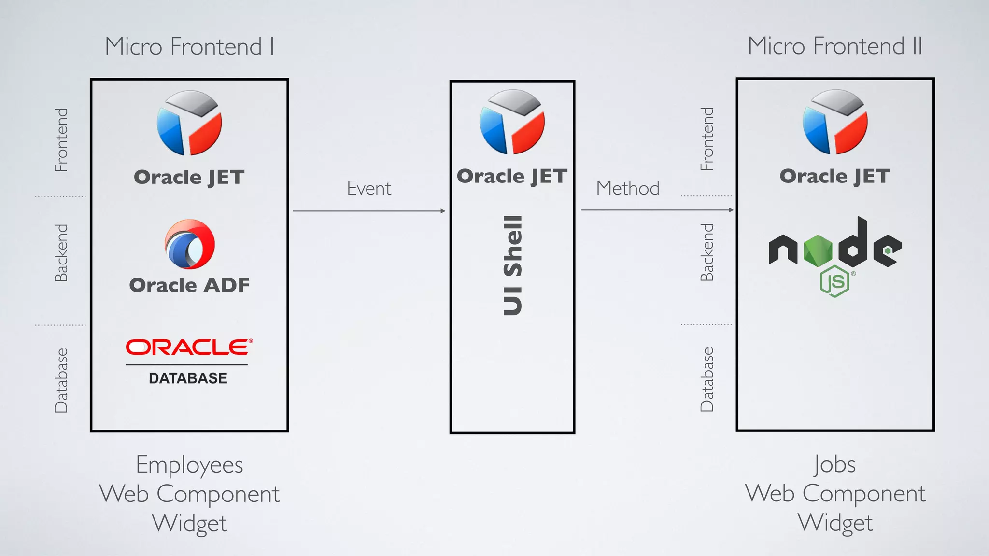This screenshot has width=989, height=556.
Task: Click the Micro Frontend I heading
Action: [189, 47]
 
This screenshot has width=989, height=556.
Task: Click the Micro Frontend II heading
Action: [835, 46]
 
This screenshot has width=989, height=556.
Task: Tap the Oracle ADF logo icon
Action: [190, 244]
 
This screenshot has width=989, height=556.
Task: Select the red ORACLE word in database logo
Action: [189, 347]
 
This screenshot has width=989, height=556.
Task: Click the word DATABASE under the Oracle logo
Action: [188, 378]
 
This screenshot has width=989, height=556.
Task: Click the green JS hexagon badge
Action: [834, 281]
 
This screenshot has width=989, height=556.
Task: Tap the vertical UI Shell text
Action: [513, 265]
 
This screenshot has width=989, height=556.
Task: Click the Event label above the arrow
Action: [369, 188]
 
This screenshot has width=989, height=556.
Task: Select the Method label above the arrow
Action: [627, 188]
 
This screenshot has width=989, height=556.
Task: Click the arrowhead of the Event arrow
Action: [443, 211]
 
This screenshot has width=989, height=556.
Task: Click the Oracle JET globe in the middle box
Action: [512, 122]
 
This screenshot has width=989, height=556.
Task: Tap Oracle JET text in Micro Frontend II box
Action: [835, 176]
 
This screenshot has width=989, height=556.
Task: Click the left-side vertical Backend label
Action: [61, 253]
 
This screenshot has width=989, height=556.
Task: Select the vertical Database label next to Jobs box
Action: [707, 379]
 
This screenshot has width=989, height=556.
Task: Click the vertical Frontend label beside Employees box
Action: [61, 140]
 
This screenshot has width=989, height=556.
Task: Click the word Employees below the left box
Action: [189, 465]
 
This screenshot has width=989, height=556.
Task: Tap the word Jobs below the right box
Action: [835, 464]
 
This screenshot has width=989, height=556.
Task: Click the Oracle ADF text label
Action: [189, 285]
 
